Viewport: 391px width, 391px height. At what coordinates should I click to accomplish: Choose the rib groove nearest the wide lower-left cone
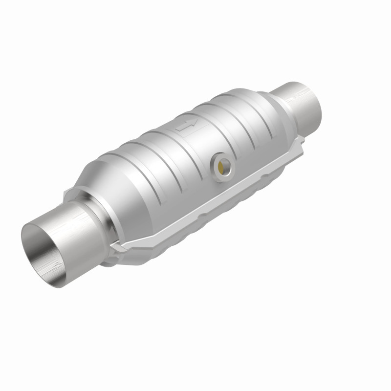142,161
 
